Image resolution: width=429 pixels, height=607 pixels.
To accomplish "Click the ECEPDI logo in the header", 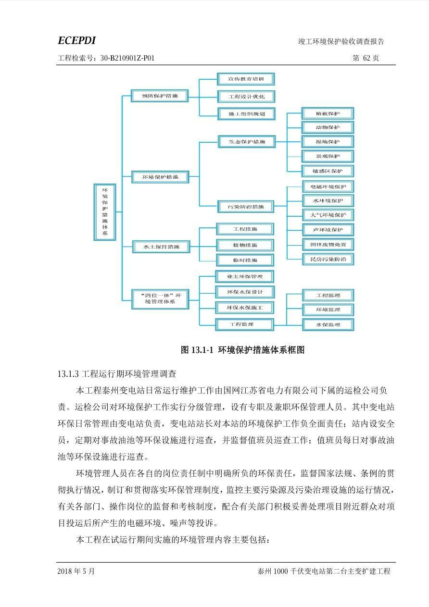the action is click(x=77, y=40).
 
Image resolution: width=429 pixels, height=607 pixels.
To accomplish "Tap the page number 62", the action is click(x=366, y=58).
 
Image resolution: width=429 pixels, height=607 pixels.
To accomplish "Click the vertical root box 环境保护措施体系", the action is click(x=105, y=212).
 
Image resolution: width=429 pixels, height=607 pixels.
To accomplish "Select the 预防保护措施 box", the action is click(x=160, y=96).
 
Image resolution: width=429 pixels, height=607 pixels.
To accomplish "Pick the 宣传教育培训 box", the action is click(x=246, y=79).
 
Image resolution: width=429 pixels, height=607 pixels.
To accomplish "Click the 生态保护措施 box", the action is click(x=247, y=141).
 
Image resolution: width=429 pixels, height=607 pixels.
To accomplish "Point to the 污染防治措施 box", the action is click(x=246, y=207).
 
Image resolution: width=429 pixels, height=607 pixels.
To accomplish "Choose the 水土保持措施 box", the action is click(x=161, y=247).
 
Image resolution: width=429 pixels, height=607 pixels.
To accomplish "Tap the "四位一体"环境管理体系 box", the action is click(x=160, y=299).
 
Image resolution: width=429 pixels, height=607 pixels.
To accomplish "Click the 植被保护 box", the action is click(x=328, y=113).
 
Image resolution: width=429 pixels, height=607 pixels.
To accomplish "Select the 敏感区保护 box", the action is click(x=328, y=171).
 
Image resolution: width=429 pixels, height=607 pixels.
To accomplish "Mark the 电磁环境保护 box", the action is click(x=328, y=186).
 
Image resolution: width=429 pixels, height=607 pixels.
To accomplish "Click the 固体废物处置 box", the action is click(x=328, y=245).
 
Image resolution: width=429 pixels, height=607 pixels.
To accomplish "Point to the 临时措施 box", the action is click(x=245, y=260).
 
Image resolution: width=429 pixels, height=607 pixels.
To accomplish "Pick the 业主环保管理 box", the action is click(x=245, y=277).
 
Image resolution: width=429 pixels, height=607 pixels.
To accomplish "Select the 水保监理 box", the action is click(x=328, y=324).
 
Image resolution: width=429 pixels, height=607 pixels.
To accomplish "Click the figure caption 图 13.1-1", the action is click(x=197, y=350).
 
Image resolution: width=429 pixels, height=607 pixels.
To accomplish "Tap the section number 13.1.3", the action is click(x=68, y=374).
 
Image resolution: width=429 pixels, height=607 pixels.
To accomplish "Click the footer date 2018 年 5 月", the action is click(x=76, y=571).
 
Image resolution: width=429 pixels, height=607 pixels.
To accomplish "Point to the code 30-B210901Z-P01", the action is click(x=127, y=58).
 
